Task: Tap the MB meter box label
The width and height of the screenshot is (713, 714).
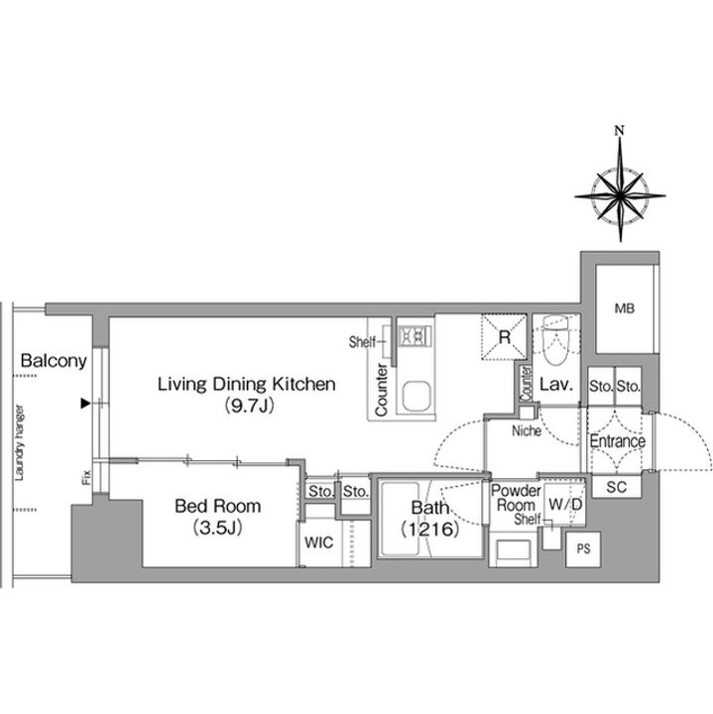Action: (x=624, y=308)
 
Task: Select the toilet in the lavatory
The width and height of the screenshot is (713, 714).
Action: (x=556, y=340)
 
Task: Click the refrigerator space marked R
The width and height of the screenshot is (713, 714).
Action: (x=504, y=337)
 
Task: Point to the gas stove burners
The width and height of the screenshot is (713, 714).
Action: (x=415, y=337)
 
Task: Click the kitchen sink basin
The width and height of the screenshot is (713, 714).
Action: (x=416, y=396)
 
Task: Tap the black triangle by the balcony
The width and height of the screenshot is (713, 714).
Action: (x=85, y=403)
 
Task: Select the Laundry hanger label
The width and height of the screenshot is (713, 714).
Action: (x=19, y=442)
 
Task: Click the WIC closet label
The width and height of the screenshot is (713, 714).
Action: (x=318, y=542)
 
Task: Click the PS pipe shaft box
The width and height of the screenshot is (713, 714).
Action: (x=583, y=549)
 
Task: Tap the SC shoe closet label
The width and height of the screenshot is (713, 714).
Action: (x=617, y=487)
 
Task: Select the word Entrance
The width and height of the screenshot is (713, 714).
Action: (x=617, y=440)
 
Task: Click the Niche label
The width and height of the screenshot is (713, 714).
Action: (x=527, y=430)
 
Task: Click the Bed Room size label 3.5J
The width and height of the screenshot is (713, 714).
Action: (x=217, y=528)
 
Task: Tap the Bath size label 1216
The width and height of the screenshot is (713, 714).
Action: (x=429, y=529)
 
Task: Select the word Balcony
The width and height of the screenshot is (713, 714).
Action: (x=54, y=361)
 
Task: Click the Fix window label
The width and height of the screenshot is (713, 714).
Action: (x=86, y=477)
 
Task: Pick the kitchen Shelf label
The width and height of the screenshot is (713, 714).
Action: (x=362, y=341)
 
